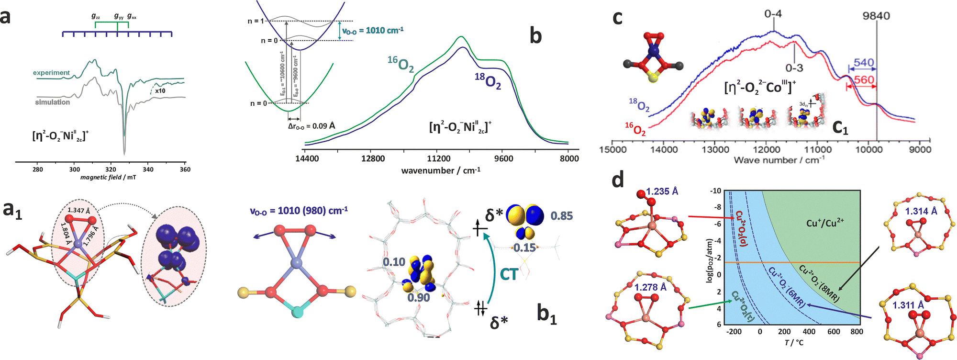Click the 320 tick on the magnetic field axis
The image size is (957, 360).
click(x=111, y=169)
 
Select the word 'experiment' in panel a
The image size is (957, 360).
click(x=51, y=73)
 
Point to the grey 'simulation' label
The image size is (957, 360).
click(x=52, y=102)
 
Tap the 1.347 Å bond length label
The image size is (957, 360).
click(x=79, y=210)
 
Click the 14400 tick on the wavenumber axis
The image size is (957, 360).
click(x=307, y=158)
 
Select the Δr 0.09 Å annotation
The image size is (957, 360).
click(x=311, y=126)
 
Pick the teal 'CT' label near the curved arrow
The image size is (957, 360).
click(x=509, y=274)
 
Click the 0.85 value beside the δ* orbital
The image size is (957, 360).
click(x=561, y=216)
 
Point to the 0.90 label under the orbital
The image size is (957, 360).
click(x=419, y=298)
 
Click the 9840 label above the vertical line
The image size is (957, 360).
click(x=876, y=16)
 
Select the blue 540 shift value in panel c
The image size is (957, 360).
click(x=864, y=63)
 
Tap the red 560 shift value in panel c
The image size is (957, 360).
click(x=864, y=80)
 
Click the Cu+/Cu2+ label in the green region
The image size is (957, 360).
click(x=825, y=223)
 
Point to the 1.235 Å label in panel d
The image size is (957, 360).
click(x=662, y=191)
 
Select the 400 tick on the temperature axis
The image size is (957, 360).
click(x=809, y=331)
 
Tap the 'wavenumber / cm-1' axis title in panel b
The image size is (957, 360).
click(x=441, y=170)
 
